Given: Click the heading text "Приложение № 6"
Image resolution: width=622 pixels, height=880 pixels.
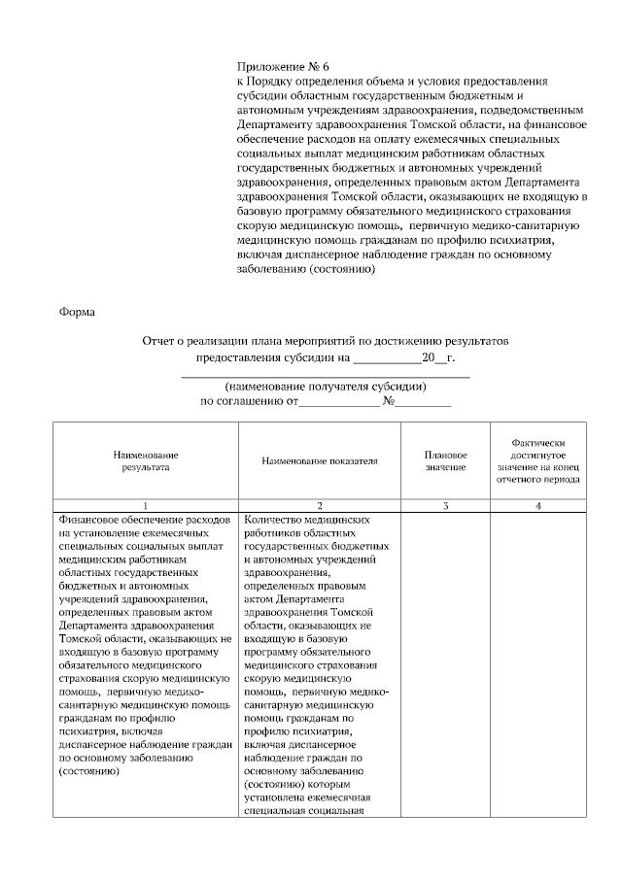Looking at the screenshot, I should (x=276, y=66).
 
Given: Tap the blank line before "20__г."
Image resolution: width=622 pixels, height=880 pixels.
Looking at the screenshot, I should (x=388, y=359).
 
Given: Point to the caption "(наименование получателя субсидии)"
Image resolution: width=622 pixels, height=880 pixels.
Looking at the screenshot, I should (x=326, y=386).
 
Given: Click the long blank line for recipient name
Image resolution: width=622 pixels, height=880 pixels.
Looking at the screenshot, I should (x=326, y=374).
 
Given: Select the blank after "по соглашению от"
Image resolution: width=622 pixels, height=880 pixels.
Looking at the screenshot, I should (x=337, y=402).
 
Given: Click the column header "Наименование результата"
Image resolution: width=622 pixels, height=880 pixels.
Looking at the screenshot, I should (x=146, y=460).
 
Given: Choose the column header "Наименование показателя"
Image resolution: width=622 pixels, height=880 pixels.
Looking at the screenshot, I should (x=320, y=460).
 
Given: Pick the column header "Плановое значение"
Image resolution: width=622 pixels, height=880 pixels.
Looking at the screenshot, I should (x=445, y=460).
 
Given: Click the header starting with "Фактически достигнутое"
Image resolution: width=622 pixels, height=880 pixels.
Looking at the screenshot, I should (x=537, y=460).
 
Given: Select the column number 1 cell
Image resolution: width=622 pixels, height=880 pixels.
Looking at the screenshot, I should (x=146, y=506).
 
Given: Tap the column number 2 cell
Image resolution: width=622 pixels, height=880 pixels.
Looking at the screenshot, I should (x=320, y=506).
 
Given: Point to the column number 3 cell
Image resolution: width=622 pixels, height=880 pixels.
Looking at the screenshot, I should (x=445, y=506).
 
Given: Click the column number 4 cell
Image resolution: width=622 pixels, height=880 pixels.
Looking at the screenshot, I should (x=537, y=506).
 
